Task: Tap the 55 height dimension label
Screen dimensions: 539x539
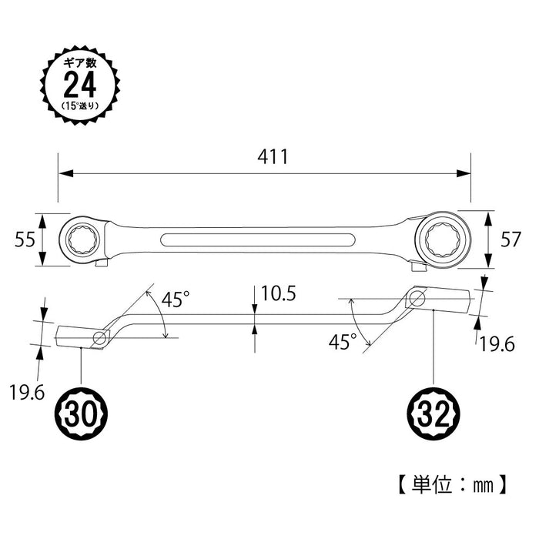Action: coord(25,240)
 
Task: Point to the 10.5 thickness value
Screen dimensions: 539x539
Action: coord(279,293)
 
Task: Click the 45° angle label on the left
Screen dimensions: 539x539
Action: coord(175,300)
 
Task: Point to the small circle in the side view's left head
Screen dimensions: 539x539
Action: coord(99,337)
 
